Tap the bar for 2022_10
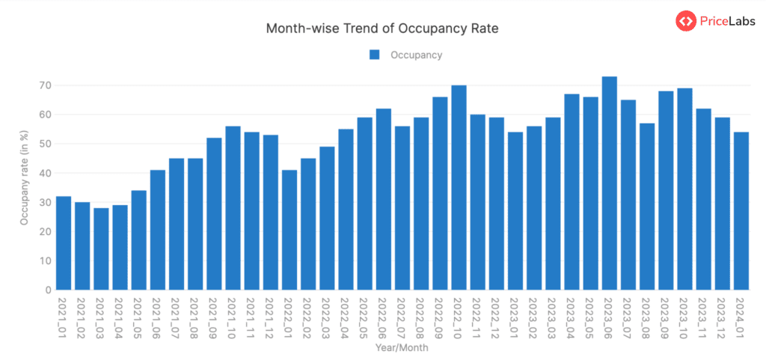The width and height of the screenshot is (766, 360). coord(459,187)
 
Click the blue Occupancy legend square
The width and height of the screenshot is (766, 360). coord(375,55)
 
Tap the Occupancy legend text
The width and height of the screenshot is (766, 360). coord(416,55)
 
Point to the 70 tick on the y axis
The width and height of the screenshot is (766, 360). coord(46,85)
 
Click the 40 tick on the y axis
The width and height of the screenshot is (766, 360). coord(46,173)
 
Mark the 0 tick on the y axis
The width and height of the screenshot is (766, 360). coord(48,290)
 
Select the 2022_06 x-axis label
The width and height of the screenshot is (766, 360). coord(384,319)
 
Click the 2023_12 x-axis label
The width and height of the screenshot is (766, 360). coord(723,319)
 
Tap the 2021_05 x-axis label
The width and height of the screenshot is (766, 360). coord(139,319)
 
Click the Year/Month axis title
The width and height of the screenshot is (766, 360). coord(402,347)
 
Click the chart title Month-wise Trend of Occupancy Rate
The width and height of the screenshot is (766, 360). coord(382,28)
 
